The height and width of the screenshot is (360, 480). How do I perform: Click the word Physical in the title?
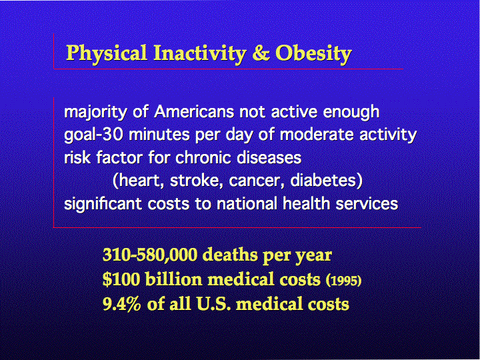pos(107,54)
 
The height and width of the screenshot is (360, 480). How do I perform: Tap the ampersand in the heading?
pos(261,53)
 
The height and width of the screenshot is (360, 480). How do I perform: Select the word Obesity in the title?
pos(313,54)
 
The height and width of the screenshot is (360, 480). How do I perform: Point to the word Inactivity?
pos(199,54)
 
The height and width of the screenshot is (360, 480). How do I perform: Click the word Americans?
pos(195,112)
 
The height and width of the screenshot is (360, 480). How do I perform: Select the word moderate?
pos(317,135)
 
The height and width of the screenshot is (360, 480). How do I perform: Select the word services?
pos(367,203)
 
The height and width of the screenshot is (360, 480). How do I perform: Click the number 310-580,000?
pos(150,255)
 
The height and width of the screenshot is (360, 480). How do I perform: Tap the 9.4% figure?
pos(122,304)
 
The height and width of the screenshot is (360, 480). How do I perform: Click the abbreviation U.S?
pos(211,304)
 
